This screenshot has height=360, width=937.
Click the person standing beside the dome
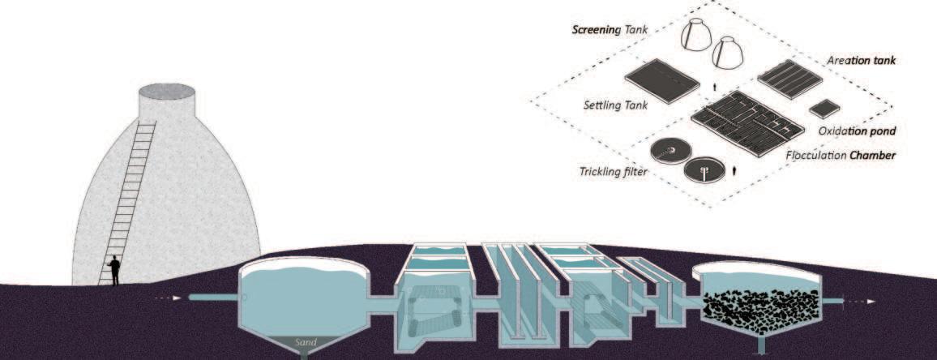coord(115,270)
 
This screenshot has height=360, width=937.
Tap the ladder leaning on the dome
coord(130,203)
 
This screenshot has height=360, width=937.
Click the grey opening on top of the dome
coord(166,90)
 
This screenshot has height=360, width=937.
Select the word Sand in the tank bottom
coord(306,342)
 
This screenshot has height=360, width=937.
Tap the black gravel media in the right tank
coord(758,306)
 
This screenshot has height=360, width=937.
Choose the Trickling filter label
coord(613,171)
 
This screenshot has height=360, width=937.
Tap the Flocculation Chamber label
coord(842,154)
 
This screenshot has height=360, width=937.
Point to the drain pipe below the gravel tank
coord(761,346)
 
